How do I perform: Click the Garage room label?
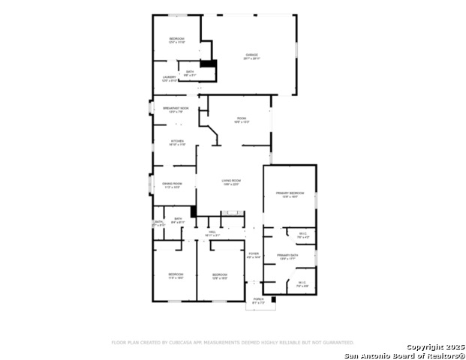coord(251,55)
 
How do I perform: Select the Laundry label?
coord(170,77)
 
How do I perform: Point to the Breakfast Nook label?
coord(176,109)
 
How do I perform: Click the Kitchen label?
coord(177,142)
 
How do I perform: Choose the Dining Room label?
coord(172,184)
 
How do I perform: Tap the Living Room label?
coord(230,181)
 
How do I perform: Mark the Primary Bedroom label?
coord(290,193)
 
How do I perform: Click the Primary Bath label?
coord(287,256)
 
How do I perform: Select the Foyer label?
coord(254,254)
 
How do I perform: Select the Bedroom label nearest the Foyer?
coord(219,274)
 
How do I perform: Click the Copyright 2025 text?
coord(435,346)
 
